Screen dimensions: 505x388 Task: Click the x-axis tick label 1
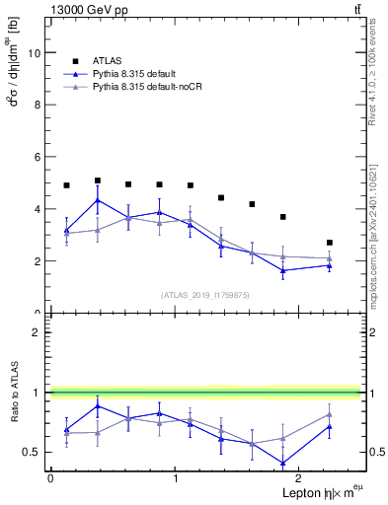pos(175,478)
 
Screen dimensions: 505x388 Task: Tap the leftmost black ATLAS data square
pos(66,185)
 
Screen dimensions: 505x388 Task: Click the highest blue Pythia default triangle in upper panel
pos(97,200)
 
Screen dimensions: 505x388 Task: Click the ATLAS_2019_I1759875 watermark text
pos(204,294)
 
